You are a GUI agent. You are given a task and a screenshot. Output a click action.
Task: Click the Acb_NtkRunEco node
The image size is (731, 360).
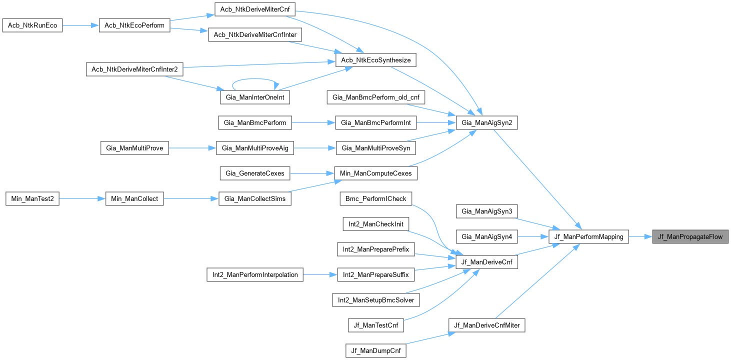click(x=32, y=25)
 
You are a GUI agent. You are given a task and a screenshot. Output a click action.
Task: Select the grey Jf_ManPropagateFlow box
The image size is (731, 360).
click(x=690, y=236)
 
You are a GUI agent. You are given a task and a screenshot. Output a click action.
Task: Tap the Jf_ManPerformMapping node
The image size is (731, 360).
click(x=588, y=236)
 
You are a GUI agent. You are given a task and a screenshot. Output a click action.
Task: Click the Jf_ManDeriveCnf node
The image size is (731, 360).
click(x=486, y=261)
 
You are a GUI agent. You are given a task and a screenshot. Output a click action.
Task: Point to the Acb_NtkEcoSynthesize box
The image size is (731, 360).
click(x=375, y=60)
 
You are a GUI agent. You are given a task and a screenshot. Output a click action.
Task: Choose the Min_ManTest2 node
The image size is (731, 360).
click(x=32, y=198)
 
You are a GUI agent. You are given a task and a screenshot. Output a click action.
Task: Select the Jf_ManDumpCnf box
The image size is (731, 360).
click(x=375, y=350)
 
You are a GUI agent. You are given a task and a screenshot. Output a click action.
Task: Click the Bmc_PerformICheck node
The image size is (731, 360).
click(x=375, y=198)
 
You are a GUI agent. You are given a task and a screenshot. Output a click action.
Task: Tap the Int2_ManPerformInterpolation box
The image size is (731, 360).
click(x=255, y=274)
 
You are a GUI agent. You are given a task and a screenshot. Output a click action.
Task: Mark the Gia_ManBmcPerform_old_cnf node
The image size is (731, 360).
click(x=375, y=97)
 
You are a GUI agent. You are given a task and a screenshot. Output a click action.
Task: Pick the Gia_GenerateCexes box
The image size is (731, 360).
click(x=255, y=173)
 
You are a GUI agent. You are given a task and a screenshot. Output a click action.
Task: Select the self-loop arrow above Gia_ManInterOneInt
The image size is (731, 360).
click(x=255, y=79)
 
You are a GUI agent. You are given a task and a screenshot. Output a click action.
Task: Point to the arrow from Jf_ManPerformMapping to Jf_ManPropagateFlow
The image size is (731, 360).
click(x=640, y=236)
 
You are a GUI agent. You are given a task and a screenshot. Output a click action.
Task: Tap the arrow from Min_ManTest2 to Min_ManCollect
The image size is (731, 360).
click(x=82, y=198)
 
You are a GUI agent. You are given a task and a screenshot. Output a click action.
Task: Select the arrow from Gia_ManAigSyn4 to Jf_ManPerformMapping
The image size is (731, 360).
click(x=533, y=236)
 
